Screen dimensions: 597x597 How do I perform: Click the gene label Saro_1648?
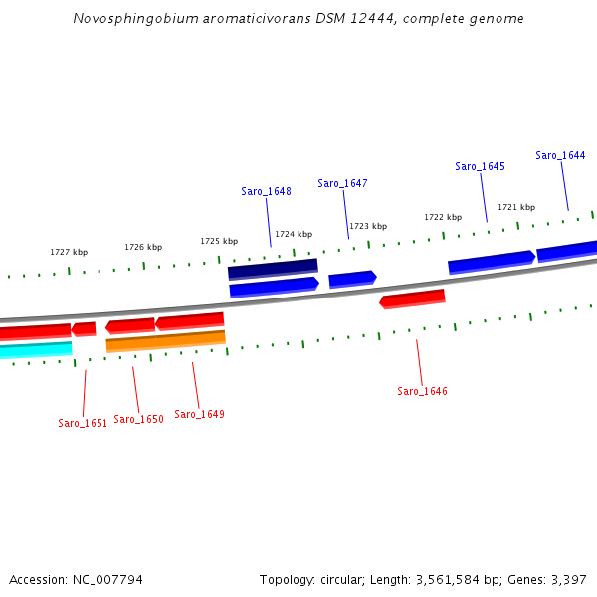click(266, 191)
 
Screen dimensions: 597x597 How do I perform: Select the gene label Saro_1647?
click(342, 183)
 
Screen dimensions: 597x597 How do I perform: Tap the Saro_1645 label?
click(480, 166)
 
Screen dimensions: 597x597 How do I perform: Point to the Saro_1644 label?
click(560, 155)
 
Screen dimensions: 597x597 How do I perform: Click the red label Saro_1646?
click(422, 391)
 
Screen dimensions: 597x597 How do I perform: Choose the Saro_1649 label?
click(199, 414)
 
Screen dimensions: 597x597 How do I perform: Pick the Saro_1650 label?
click(138, 419)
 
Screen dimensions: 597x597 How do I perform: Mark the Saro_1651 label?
click(83, 423)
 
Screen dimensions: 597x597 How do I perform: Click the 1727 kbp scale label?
click(69, 252)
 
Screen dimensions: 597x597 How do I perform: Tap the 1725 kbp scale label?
click(219, 241)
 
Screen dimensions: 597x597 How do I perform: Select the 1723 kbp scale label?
click(367, 226)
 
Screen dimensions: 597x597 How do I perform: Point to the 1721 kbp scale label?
click(516, 207)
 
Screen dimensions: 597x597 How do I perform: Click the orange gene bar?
click(165, 341)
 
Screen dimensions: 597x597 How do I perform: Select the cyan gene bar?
click(36, 349)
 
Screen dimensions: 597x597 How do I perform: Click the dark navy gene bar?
click(273, 269)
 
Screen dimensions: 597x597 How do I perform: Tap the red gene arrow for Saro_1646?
click(412, 298)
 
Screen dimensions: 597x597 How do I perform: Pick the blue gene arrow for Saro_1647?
click(352, 279)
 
